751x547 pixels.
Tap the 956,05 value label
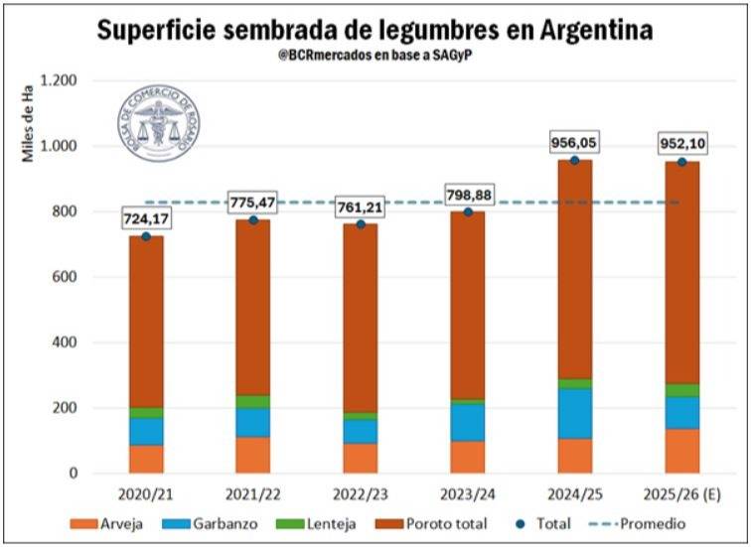(x=574, y=143)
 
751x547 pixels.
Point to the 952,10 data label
(x=681, y=145)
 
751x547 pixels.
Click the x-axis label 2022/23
(x=360, y=493)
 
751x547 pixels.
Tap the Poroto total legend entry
(x=451, y=523)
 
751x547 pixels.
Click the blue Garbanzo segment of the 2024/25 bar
(x=574, y=413)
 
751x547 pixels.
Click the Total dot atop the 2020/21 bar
(x=146, y=236)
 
